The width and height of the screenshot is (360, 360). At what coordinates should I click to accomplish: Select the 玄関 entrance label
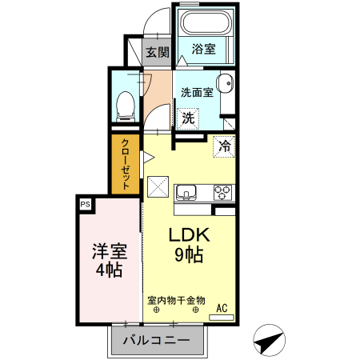(x=158, y=53)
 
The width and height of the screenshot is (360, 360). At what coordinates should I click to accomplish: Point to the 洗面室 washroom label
(x=197, y=91)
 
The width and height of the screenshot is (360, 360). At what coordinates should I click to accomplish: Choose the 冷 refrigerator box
(x=224, y=146)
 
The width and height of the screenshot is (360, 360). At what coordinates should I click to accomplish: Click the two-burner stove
(x=222, y=192)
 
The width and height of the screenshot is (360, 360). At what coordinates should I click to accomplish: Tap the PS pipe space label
(x=86, y=204)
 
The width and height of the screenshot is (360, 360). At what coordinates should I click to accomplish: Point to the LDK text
(x=189, y=235)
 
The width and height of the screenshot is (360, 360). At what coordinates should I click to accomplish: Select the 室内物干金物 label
(x=176, y=301)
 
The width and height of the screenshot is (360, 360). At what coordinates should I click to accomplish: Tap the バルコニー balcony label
(x=156, y=341)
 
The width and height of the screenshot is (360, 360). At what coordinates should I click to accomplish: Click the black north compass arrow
(x=269, y=342)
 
